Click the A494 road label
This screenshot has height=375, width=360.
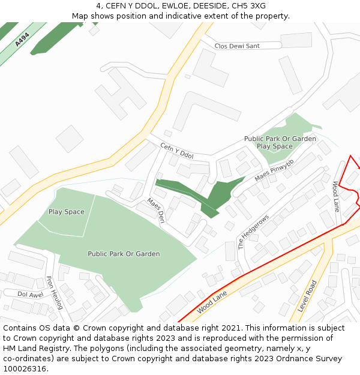coord(22,40)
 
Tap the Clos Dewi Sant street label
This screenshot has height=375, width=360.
coord(237,46)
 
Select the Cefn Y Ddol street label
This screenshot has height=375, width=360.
coord(177,151)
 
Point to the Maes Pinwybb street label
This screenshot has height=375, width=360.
coord(274,170)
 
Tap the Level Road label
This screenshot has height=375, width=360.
coord(311,295)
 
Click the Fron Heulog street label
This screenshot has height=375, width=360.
coord(54,292)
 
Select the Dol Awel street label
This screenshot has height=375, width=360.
coord(31,294)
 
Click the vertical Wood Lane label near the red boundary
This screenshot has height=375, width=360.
coord(337,196)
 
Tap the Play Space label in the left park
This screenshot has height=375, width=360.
coord(67,212)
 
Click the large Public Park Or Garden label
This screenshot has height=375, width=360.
coord(124,254)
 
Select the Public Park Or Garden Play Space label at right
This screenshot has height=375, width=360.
coord(280,142)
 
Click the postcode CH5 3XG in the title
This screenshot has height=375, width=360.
coord(249,6)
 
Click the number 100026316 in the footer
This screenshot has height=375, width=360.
coord(25,368)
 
